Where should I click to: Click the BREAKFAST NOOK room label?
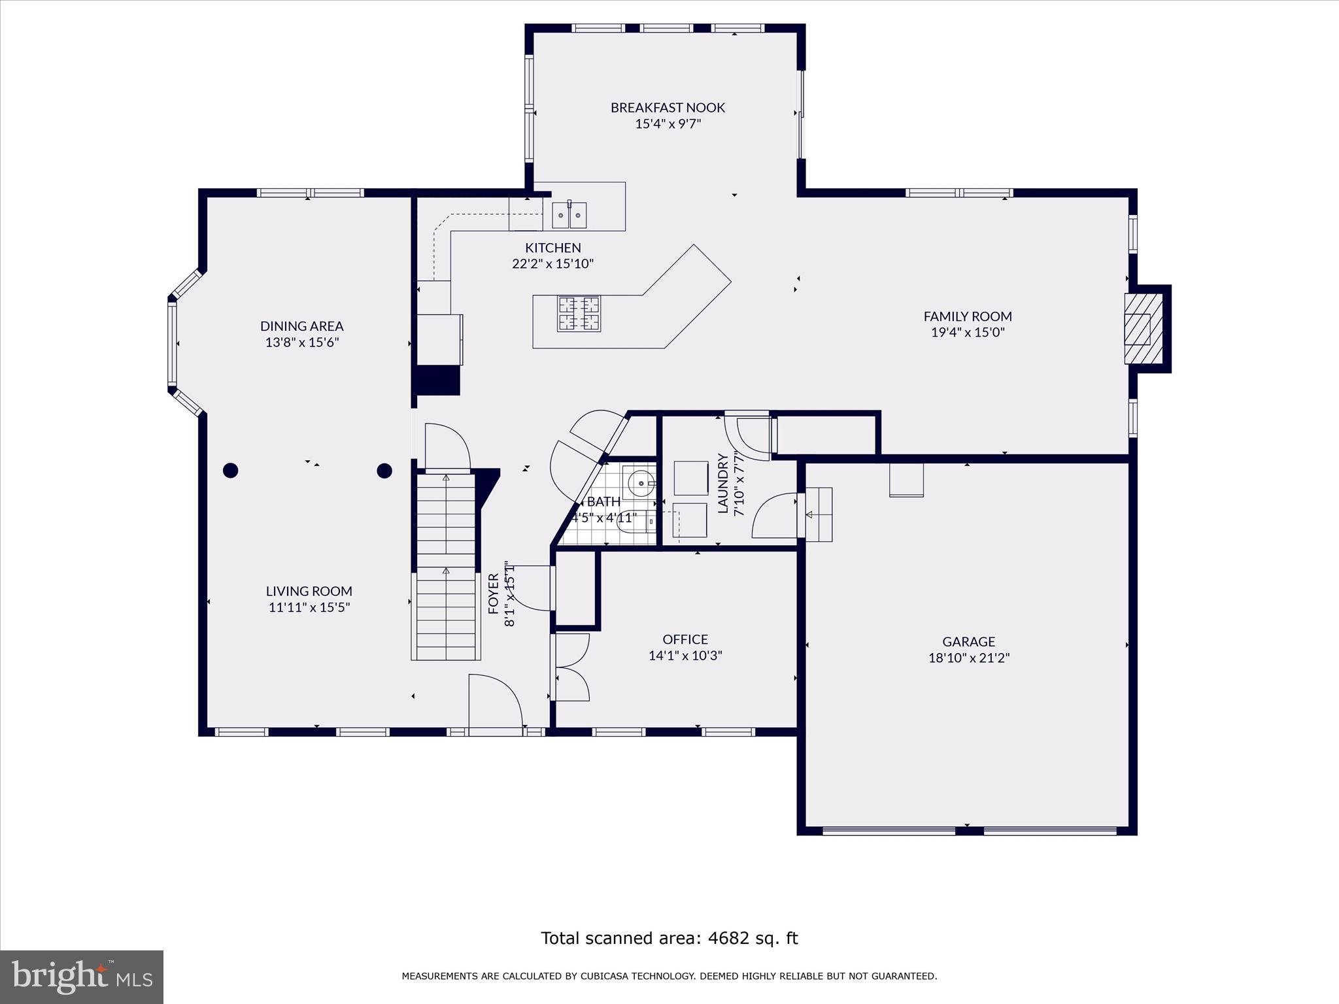coord(668,107)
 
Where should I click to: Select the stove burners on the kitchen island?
coord(579,314)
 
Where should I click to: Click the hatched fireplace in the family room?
coord(1143,329)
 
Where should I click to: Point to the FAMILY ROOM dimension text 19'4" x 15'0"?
coord(968,332)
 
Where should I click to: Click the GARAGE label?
coord(968,641)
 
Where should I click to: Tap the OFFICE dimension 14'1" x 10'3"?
coord(685,656)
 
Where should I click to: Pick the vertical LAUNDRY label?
coord(723,483)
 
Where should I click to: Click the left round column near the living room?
coord(230,470)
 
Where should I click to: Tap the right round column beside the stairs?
coord(384,470)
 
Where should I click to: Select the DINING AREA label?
coord(301,326)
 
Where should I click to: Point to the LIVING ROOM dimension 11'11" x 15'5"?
coord(309,607)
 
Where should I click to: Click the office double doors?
coord(571,667)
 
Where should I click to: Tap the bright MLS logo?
coord(82,977)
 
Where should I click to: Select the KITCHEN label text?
coord(553,248)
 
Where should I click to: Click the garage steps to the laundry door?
coord(819,514)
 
